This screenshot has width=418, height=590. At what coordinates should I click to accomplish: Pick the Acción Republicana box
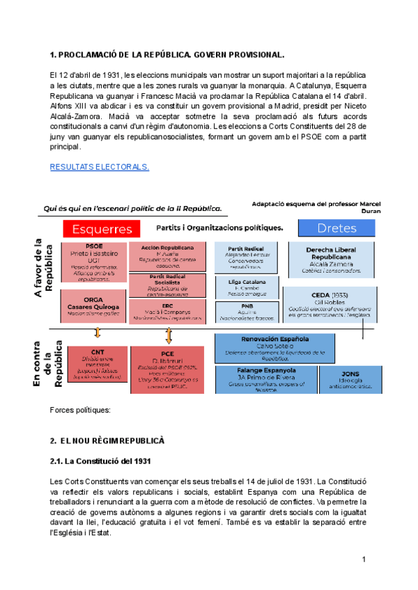pyautogui.click(x=167, y=257)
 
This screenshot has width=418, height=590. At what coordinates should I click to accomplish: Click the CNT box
pyautogui.click(x=98, y=361)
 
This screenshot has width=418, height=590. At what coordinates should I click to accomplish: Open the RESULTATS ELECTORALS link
pyautogui.click(x=99, y=167)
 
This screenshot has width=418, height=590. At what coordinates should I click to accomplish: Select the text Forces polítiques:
pyautogui.click(x=81, y=410)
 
